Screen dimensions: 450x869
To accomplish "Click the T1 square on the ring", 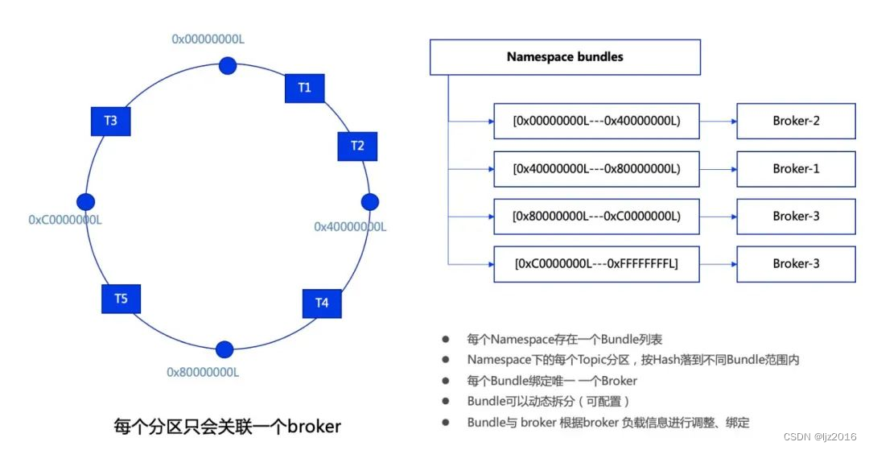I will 304,88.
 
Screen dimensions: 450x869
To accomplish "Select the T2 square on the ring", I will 357,146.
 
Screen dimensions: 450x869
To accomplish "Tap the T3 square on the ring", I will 110,121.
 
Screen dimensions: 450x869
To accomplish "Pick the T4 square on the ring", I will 322,303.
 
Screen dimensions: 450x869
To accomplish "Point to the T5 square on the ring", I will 121,299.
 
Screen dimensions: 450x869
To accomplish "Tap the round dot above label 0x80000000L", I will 224,349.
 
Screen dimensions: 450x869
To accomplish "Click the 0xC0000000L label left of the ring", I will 65,220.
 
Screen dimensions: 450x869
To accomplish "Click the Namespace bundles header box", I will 565,57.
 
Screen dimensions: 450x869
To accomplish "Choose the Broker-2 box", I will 796,122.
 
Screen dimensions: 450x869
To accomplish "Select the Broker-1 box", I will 796,169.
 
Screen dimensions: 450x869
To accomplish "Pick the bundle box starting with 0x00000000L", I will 596,122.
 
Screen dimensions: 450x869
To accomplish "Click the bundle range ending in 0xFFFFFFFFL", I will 596,264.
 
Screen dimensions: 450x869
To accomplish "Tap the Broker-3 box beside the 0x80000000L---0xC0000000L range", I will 796,216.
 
